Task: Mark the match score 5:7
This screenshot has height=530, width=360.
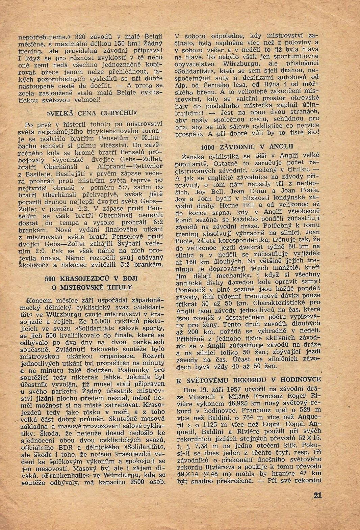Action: [x=124, y=187]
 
